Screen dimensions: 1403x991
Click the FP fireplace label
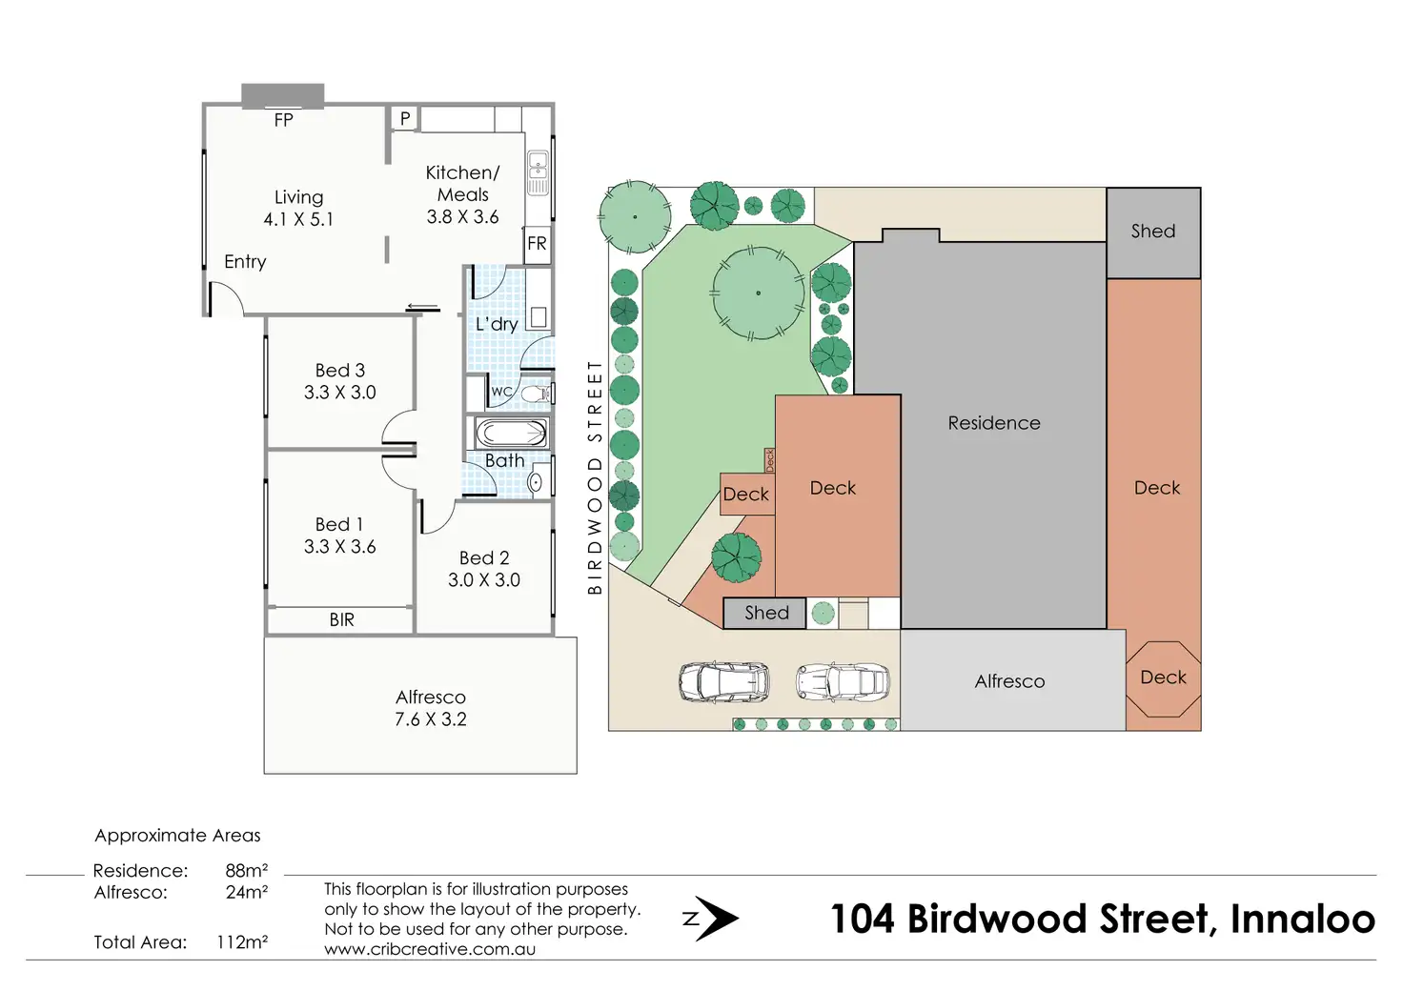coord(283,120)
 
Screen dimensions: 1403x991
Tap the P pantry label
coord(405,118)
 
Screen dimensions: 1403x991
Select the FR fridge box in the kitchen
coord(538,243)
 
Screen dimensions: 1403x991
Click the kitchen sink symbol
coord(539,172)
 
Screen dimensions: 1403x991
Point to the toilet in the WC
coord(535,393)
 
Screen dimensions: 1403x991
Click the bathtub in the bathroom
coord(511,434)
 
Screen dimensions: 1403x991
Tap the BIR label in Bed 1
coord(341,620)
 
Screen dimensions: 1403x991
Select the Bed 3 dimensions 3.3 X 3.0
coord(340,393)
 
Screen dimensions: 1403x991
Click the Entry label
coord(245,262)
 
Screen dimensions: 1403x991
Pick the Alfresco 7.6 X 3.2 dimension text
coord(431,719)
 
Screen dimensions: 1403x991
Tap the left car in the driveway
coord(724,682)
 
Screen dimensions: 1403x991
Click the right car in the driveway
coord(843,682)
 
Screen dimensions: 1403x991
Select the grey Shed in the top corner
coord(1153,232)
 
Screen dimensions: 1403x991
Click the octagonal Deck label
coord(1163,678)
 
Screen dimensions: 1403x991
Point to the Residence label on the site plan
coord(994,423)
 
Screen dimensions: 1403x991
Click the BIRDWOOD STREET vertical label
coord(596,476)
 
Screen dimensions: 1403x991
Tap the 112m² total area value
coord(242,942)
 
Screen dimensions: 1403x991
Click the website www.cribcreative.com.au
coord(430,949)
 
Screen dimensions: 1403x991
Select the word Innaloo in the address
coord(1302,920)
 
